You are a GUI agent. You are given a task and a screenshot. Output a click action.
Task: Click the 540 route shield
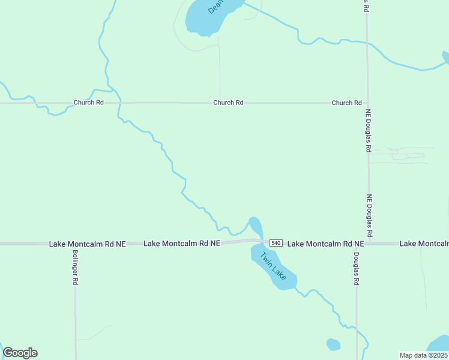(x=276, y=243)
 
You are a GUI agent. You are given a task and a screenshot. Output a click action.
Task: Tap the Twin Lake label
(x=273, y=265)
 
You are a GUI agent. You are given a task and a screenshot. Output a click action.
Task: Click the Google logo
(x=20, y=353)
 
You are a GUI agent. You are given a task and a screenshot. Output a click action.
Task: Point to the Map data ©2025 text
(x=423, y=355)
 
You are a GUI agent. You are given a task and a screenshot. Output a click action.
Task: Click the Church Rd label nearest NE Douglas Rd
(x=346, y=103)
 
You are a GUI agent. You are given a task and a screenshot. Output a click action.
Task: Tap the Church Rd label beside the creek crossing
(x=88, y=103)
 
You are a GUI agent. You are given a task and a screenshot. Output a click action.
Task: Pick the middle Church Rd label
(x=228, y=103)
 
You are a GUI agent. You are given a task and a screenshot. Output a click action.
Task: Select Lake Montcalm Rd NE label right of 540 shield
(x=326, y=244)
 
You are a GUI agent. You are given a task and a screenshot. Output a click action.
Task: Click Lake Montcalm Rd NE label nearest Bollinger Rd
(x=88, y=244)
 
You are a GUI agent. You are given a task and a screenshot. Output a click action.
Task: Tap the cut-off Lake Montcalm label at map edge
(x=424, y=244)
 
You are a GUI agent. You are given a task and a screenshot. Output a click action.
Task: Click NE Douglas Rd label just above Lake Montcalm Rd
(x=370, y=215)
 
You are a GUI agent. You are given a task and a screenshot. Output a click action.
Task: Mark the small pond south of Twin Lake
(x=333, y=344)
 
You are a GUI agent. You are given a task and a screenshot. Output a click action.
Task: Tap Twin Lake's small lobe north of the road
(x=255, y=226)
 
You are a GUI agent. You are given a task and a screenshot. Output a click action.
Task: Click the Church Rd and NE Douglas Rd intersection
(x=368, y=103)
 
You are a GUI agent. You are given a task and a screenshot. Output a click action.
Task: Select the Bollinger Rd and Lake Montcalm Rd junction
(x=75, y=244)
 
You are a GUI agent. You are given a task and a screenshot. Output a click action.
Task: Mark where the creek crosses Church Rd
(x=119, y=103)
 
